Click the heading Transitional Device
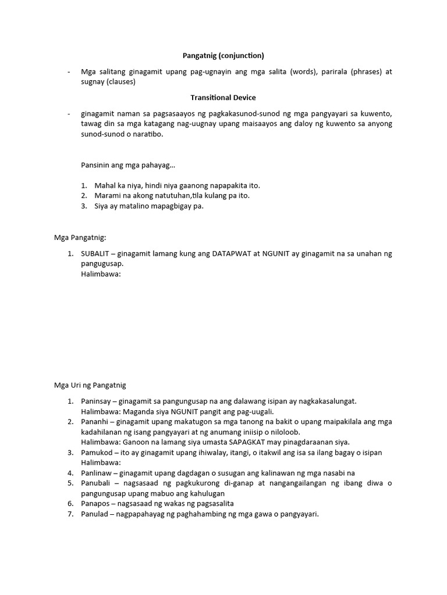pyautogui.click(x=223, y=98)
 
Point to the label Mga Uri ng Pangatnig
pyautogui.click(x=90, y=385)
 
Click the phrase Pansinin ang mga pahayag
pyautogui.click(x=128, y=166)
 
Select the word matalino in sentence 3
pyautogui.click(x=122, y=206)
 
